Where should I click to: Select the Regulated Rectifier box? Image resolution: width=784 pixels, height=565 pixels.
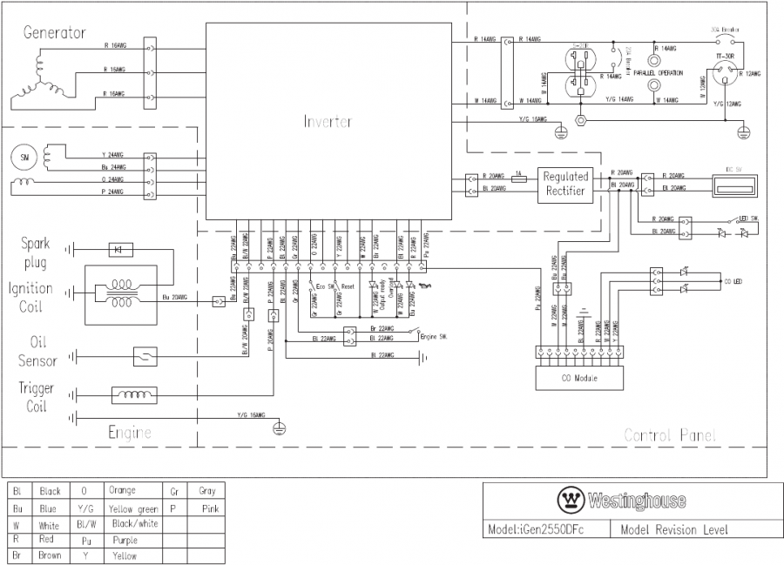pyautogui.click(x=566, y=182)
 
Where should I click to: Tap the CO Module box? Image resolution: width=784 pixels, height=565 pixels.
pyautogui.click(x=580, y=379)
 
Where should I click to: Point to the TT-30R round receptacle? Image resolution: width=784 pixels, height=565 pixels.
pyautogui.click(x=724, y=76)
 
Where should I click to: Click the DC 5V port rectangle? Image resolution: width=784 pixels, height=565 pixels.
pyautogui.click(x=732, y=184)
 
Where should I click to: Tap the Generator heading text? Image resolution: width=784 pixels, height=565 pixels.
pyautogui.click(x=54, y=33)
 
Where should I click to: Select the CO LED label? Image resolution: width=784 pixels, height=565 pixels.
pyautogui.click(x=734, y=281)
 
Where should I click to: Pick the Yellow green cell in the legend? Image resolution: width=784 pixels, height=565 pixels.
pyautogui.click(x=132, y=508)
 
